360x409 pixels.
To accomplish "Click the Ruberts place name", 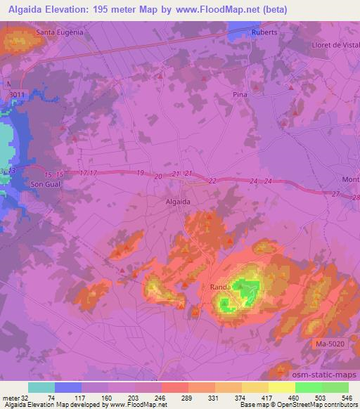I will coord(264,32).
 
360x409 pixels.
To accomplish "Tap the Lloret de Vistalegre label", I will coord(335,44).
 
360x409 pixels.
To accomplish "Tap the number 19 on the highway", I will coord(141,173).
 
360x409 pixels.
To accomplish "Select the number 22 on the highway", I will coord(212,181).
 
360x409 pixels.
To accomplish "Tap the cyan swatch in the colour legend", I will coord(41,387).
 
